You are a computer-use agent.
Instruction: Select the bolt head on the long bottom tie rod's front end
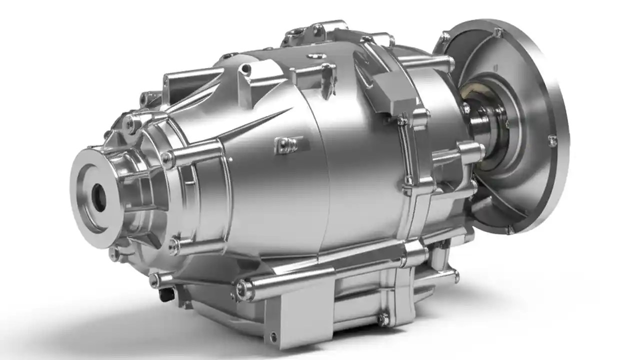click(x=244, y=289)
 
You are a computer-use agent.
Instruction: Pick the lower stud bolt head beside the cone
click(x=174, y=245)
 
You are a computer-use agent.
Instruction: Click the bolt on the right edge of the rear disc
click(x=552, y=141)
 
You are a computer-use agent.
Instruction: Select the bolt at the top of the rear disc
click(x=497, y=33)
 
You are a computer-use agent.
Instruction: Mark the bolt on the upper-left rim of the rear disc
click(x=444, y=37)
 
